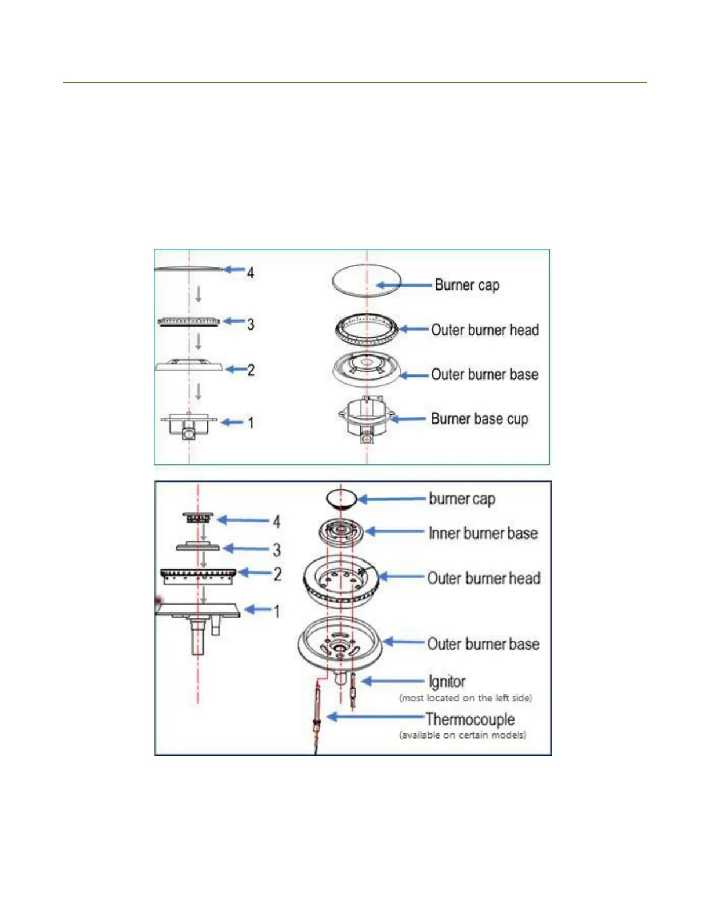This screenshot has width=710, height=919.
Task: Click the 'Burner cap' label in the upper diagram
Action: pos(467,285)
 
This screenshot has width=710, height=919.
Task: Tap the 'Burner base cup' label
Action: pos(479,419)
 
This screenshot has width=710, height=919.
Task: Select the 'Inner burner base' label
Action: pos(483,533)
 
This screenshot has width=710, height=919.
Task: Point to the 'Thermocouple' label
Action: pos(470,719)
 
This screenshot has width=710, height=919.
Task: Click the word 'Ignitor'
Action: pos(447,682)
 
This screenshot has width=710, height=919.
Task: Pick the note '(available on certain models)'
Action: pos(462,735)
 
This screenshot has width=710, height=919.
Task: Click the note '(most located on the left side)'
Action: pos(465,698)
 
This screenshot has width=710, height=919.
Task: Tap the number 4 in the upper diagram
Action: pos(250,272)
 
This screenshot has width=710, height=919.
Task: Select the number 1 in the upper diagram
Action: pos(251,422)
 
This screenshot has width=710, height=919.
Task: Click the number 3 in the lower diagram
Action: pos(277,549)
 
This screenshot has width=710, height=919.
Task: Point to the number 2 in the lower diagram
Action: pos(277,574)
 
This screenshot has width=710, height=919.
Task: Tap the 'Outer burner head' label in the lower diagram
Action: pos(483,578)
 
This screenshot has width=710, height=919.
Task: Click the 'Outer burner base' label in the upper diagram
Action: pos(484,375)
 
